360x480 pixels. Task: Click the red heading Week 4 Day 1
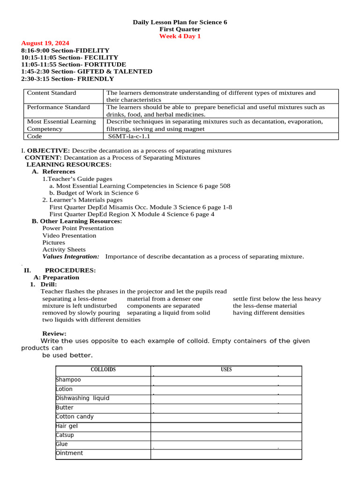pos(180,36)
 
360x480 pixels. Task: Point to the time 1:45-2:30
pos(35,71)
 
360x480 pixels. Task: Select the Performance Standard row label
pos(58,107)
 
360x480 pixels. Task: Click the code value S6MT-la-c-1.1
pos(129,136)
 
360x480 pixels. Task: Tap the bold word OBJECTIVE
pos(48,150)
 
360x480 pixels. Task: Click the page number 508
pos(225,186)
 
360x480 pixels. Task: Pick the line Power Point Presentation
pos(78,228)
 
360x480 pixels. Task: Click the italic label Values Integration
pos(71,256)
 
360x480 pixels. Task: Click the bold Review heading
pos(54,333)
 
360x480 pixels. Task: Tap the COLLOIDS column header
pos(103,370)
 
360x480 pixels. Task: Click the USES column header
pos(226,370)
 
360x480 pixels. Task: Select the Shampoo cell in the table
pos(68,380)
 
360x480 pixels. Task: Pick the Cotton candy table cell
pos(75,417)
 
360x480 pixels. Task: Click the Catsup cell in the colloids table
pos(65,435)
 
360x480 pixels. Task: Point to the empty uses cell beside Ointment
pos(226,454)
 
